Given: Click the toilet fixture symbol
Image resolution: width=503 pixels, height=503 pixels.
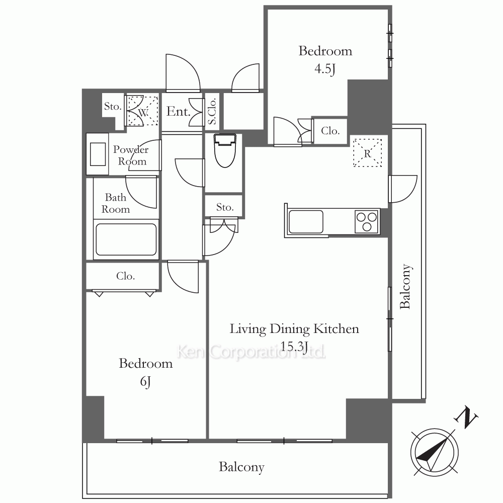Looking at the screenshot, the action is point(225,150).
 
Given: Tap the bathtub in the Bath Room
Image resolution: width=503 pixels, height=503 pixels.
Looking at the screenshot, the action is point(126,239).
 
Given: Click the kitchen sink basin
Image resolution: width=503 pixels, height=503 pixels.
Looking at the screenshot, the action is point(306,221).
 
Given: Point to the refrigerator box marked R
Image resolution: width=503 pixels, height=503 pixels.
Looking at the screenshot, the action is point(367,153).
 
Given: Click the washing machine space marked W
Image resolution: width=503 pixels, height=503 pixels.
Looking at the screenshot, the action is point(143,111).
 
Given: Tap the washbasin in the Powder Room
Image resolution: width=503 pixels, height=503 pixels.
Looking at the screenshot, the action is point(98,154).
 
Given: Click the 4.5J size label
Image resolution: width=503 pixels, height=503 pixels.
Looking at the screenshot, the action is point(324,69).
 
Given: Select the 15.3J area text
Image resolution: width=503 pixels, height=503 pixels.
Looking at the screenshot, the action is point(294,347).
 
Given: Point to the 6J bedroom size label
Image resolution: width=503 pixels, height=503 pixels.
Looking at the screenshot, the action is point(145,382).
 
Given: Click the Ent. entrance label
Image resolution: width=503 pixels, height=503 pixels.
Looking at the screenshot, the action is point(179,112).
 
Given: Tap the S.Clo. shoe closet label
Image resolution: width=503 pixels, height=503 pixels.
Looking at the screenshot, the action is point(212,111).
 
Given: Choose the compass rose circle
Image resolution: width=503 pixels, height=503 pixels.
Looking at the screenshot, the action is point(435,452).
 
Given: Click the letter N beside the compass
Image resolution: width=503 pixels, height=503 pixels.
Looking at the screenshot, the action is point(466,417).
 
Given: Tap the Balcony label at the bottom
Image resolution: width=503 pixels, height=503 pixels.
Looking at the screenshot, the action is point(241,467).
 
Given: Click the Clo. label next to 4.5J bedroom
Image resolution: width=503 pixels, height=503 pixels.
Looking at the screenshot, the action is point(330,131).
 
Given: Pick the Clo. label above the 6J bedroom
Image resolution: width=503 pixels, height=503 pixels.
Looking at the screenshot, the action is point(125,276).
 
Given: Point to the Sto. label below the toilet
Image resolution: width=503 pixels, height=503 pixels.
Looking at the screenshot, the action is point(224,207).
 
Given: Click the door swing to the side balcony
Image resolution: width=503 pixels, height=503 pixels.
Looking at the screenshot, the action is point(403,189).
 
